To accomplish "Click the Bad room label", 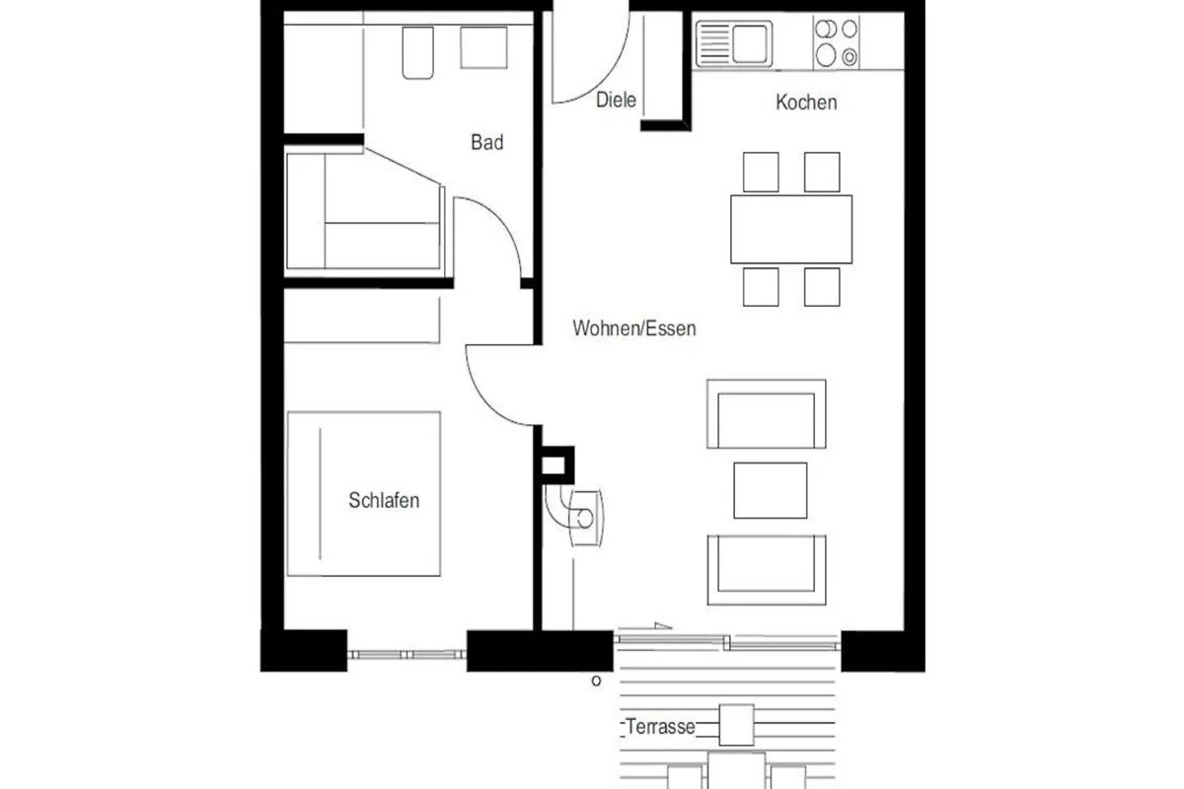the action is (x=486, y=142).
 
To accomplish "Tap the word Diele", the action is (x=616, y=100).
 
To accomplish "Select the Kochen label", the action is (x=806, y=103).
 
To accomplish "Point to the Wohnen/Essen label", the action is (x=634, y=328).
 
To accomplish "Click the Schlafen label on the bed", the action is (x=384, y=500).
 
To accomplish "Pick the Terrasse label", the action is (x=660, y=727).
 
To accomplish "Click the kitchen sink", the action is (x=734, y=43).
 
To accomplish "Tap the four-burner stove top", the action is (x=837, y=42).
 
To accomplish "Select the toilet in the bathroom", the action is (x=417, y=53).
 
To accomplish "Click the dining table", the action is (x=791, y=230).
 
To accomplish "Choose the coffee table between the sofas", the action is (x=771, y=490).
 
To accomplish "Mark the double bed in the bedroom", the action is (x=364, y=493).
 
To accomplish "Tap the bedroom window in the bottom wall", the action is (x=407, y=655).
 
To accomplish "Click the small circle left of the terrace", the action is (x=596, y=681).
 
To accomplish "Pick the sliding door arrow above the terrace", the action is (x=645, y=627).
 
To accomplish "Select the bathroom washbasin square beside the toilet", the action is (x=483, y=47).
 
